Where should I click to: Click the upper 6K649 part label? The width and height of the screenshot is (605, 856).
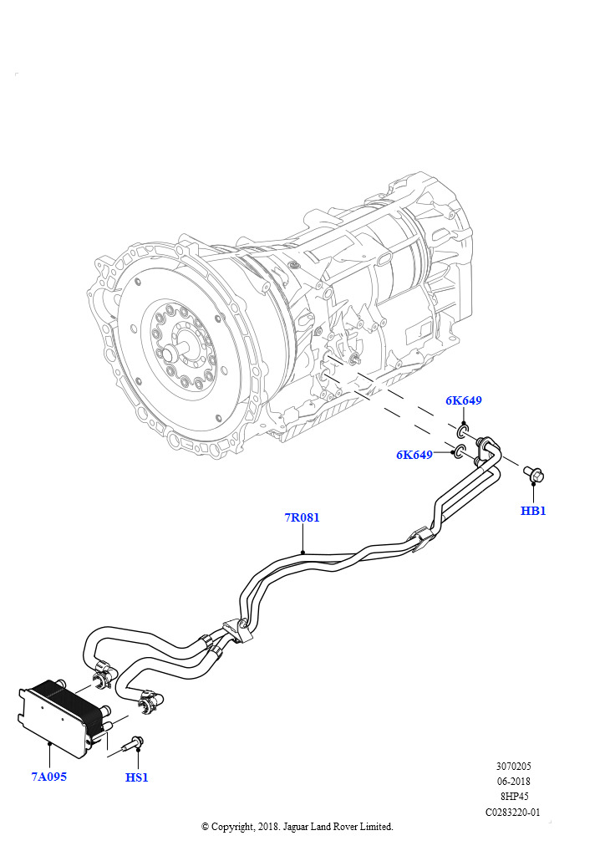463,400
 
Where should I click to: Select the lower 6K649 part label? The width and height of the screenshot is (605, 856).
414,455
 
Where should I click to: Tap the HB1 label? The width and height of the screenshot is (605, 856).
533,511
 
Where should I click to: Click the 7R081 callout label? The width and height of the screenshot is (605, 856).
302,517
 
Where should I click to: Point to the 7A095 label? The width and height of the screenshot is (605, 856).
48,777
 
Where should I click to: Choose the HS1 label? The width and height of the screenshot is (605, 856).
137,777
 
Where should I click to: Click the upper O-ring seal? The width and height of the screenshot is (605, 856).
462,433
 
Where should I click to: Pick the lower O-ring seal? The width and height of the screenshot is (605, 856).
459,453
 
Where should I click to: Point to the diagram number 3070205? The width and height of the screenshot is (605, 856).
513,767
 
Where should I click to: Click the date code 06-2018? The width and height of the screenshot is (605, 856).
513,782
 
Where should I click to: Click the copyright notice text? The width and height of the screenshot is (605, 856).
297,827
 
